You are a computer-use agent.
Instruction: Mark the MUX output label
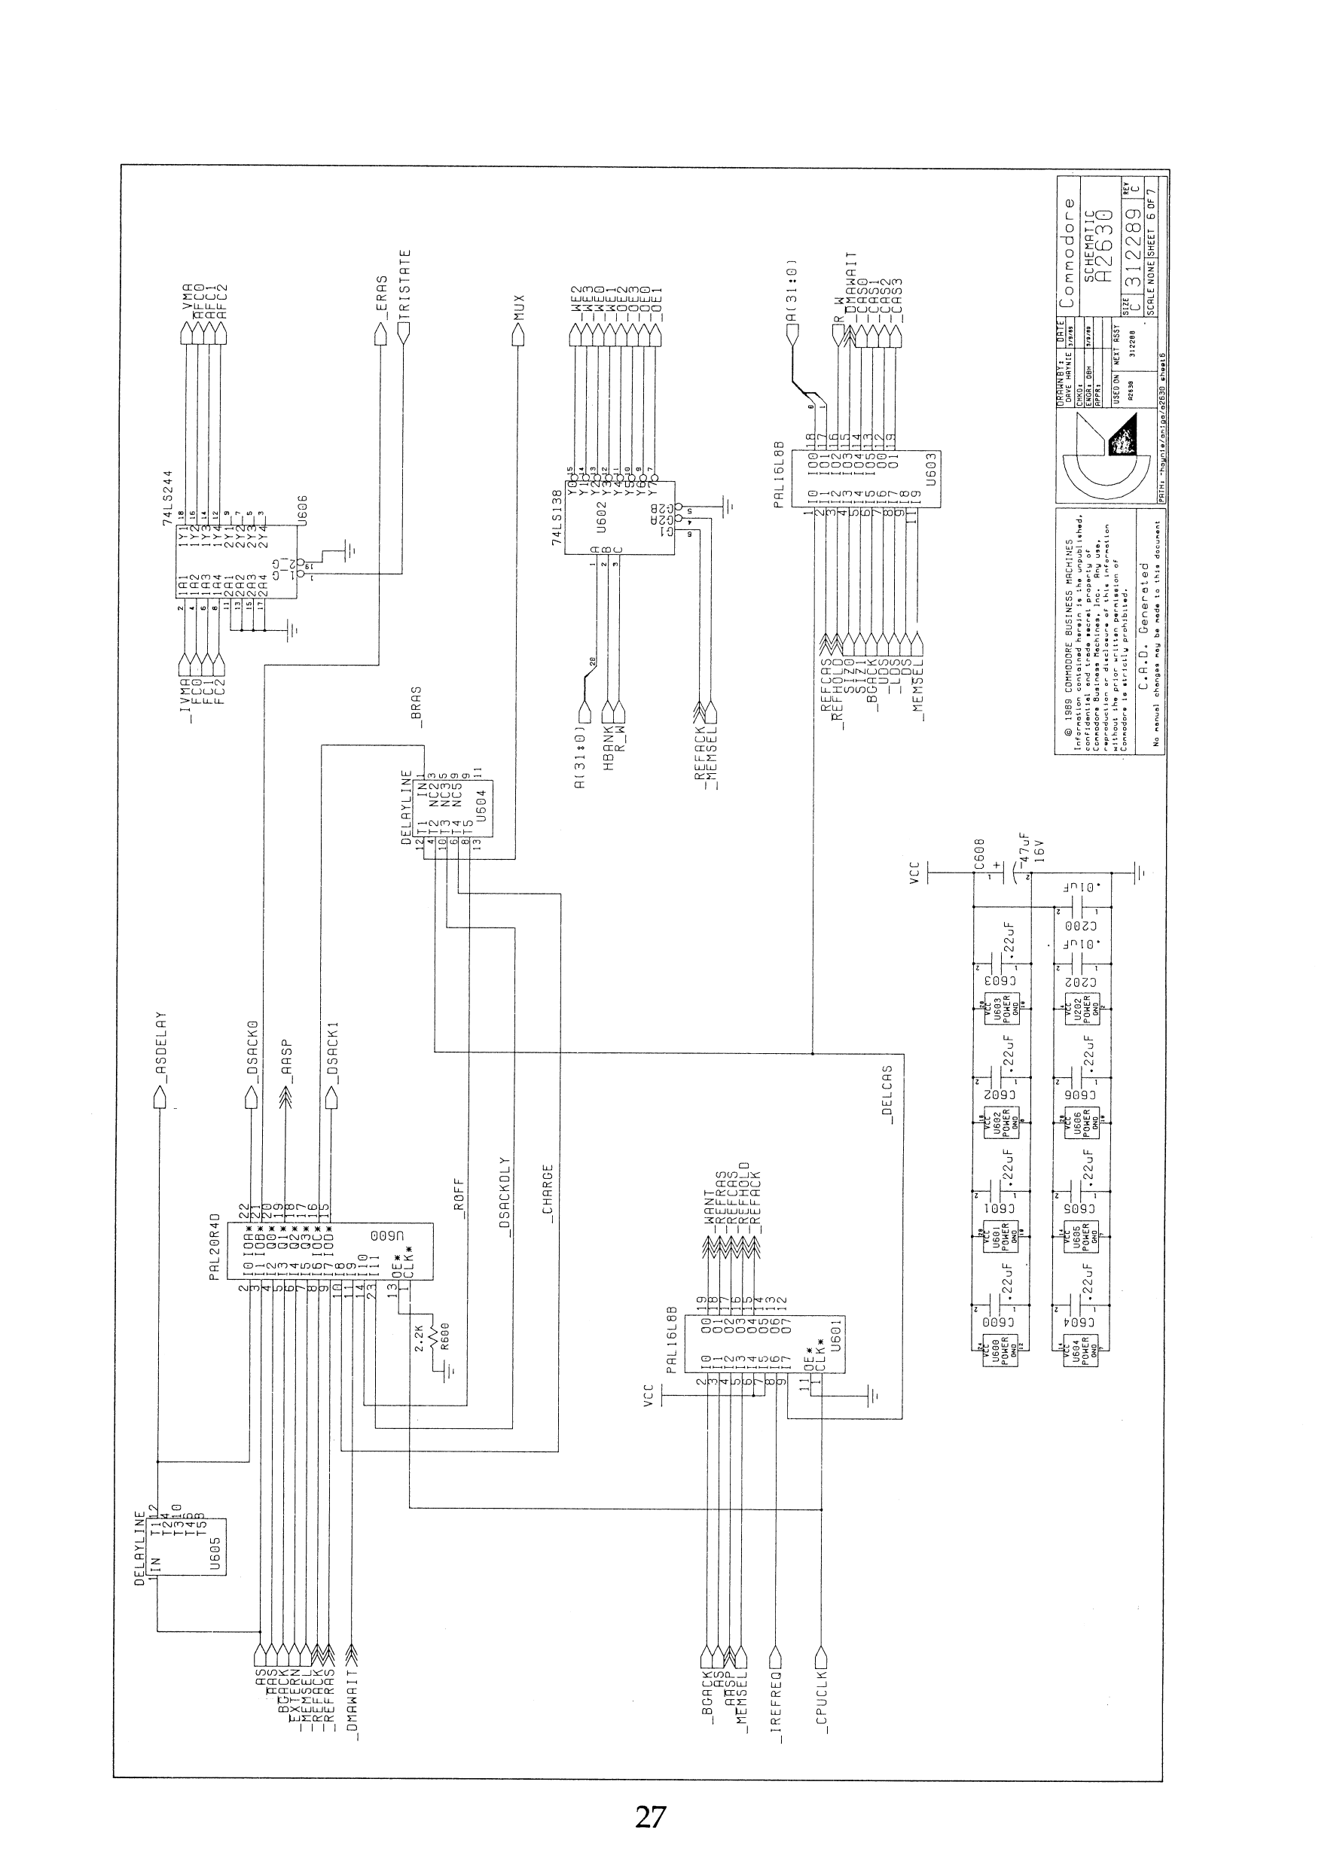518,308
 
